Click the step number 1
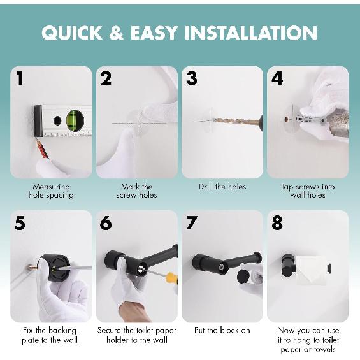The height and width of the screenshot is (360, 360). click(20, 78)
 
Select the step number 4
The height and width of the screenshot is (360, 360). click(277, 78)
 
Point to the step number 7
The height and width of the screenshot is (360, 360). click(192, 223)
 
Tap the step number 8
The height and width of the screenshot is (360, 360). click(277, 223)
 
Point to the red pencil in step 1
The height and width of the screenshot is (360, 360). click(42, 148)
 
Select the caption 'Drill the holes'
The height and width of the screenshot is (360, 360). click(222, 187)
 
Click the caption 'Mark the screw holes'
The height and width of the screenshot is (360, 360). click(137, 191)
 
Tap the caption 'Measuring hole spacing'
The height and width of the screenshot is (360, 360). click(52, 191)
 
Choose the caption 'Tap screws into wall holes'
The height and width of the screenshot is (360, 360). click(307, 191)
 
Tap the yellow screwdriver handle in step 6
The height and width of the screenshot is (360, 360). click(171, 278)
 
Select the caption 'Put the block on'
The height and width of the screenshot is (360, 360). click(222, 331)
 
